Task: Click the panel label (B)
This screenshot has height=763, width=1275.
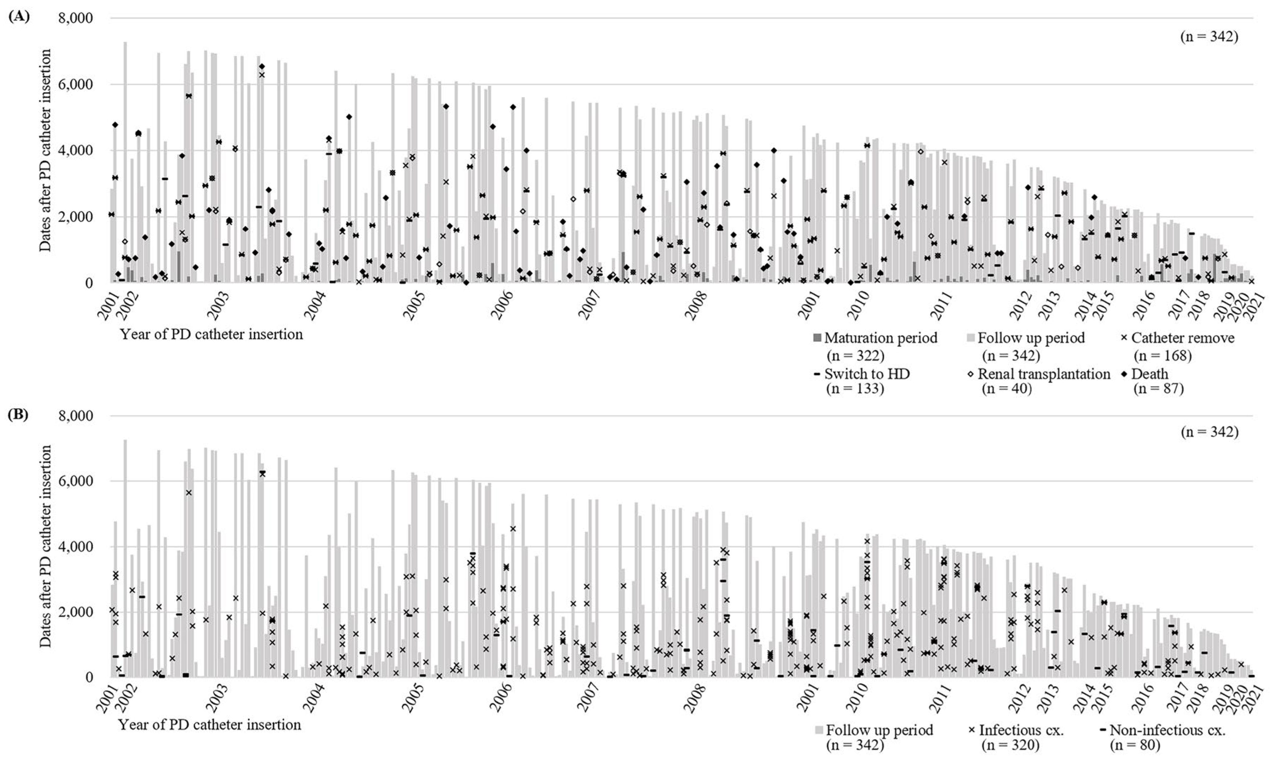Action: (19, 414)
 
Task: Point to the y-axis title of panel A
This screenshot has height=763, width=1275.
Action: (46, 150)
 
